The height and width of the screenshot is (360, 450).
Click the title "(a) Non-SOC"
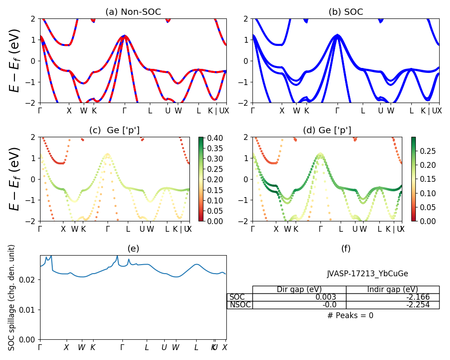[133, 12]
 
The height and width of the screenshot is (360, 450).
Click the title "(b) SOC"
[346, 12]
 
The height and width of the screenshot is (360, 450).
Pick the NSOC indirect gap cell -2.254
[416, 305]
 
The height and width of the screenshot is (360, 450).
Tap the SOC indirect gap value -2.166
[416, 297]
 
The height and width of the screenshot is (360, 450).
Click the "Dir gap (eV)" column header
[299, 289]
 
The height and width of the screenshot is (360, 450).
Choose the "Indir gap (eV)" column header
[392, 289]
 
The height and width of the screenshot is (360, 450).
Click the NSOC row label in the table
[240, 305]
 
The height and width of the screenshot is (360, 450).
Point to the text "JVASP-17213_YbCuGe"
[368, 274]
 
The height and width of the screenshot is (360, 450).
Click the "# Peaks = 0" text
[350, 315]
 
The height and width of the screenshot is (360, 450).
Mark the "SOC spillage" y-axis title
[12, 297]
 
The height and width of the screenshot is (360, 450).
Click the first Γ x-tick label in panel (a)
[40, 111]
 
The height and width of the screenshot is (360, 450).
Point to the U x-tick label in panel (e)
[164, 347]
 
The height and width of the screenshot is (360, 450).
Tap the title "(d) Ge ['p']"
[327, 130]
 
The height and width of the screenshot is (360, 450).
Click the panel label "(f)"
[346, 248]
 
